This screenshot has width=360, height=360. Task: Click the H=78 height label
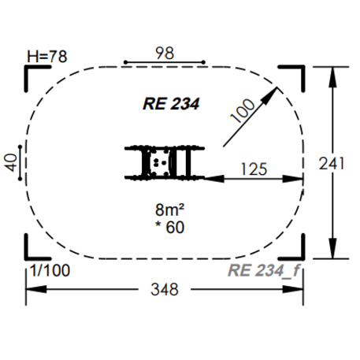coord(46,56)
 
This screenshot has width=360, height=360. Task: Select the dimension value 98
coord(165,53)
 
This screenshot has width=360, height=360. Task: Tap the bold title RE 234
coord(171,103)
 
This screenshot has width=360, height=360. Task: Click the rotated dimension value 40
coord(11,163)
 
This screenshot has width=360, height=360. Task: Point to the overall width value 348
coord(165,289)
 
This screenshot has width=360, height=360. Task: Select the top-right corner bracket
coord(294,73)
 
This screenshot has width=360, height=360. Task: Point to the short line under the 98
coord(165,62)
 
